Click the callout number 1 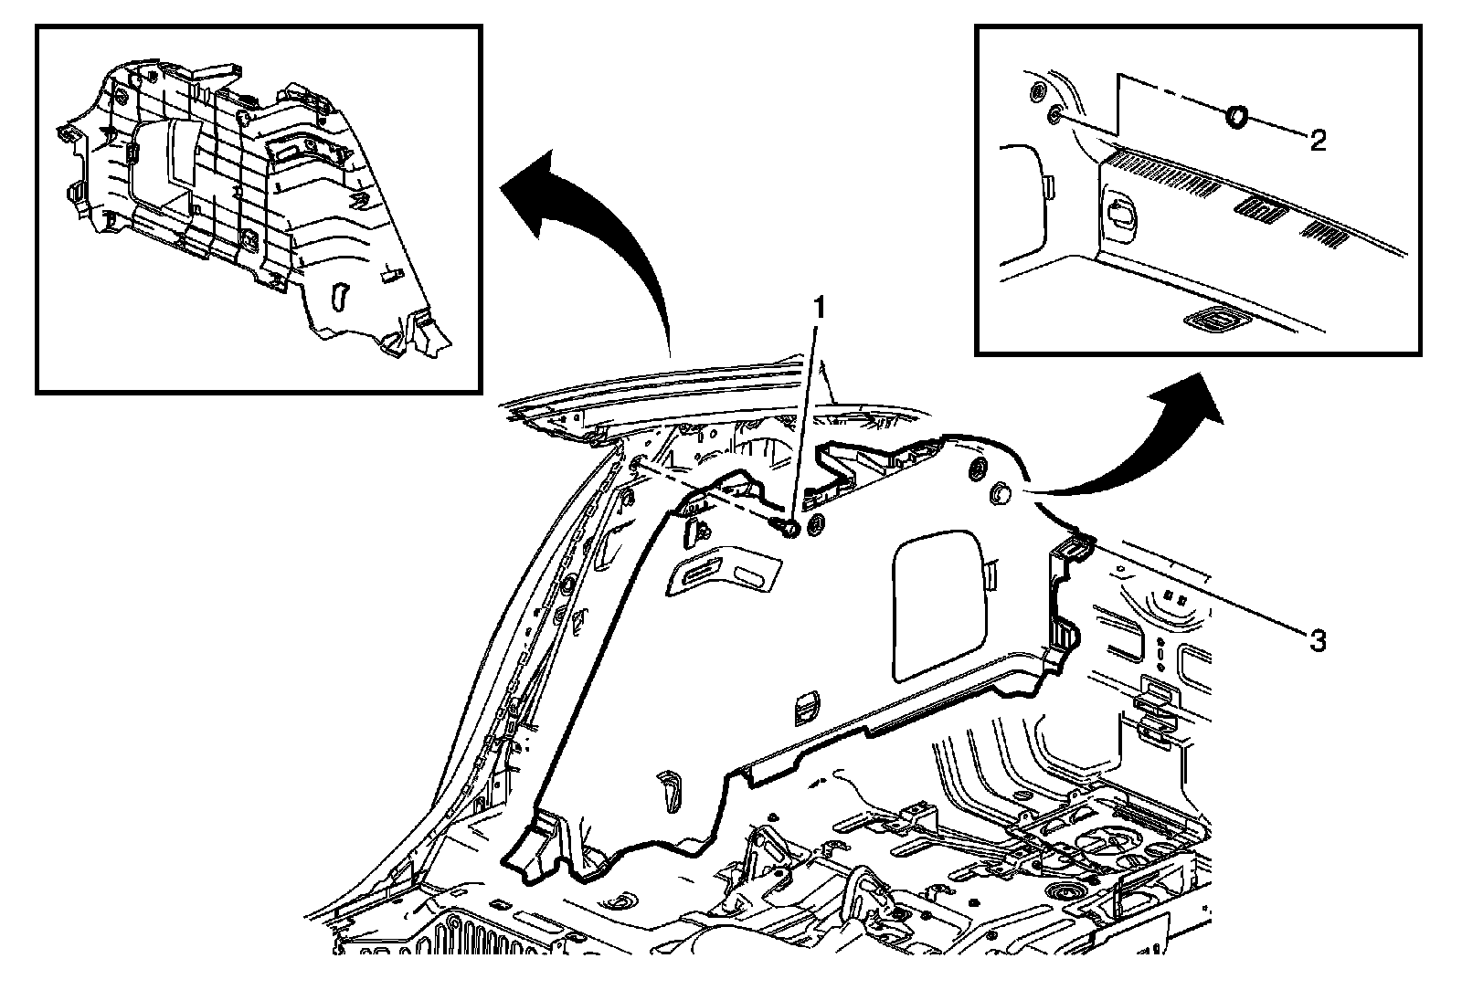tap(820, 307)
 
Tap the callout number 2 tap(1318, 140)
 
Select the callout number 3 tap(1317, 640)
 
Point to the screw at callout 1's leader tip tap(784, 526)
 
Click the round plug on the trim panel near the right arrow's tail tap(1000, 494)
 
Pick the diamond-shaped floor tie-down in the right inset tap(1211, 319)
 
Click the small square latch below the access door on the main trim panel tap(804, 703)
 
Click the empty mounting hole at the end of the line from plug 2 tap(1054, 113)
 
